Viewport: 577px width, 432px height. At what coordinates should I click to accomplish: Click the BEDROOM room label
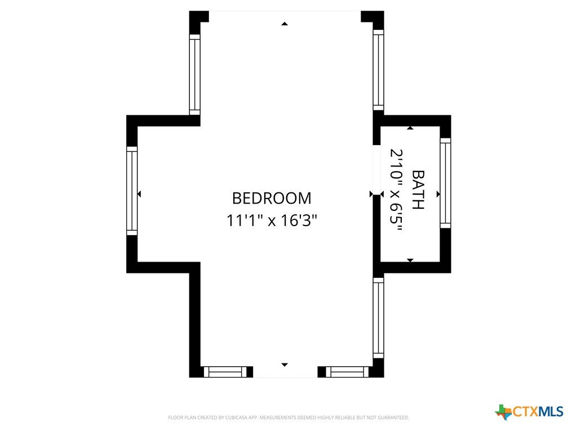pyautogui.click(x=272, y=199)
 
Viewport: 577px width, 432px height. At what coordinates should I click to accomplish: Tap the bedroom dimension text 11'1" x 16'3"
pyautogui.click(x=272, y=220)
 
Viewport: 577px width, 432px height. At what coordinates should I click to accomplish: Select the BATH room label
pyautogui.click(x=418, y=190)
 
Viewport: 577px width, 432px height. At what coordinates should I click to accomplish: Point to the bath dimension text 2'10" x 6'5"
pyautogui.click(x=396, y=190)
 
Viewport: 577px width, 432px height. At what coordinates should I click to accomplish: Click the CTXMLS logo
pyautogui.click(x=529, y=412)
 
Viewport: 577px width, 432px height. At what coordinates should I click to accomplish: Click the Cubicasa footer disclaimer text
pyautogui.click(x=288, y=418)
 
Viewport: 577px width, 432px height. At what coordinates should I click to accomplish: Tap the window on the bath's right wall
pyautogui.click(x=445, y=183)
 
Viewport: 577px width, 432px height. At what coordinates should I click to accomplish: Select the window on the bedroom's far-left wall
pyautogui.click(x=132, y=191)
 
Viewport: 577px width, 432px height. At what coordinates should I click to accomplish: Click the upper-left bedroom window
pyautogui.click(x=194, y=75)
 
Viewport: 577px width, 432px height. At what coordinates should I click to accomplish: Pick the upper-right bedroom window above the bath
pyautogui.click(x=378, y=70)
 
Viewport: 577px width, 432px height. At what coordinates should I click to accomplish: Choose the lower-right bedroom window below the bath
pyautogui.click(x=378, y=318)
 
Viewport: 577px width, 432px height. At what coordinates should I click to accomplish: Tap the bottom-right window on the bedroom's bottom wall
pyautogui.click(x=347, y=372)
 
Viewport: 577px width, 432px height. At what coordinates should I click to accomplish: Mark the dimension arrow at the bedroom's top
pyautogui.click(x=285, y=24)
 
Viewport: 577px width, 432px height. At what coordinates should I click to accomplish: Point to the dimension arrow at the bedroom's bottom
pyautogui.click(x=285, y=364)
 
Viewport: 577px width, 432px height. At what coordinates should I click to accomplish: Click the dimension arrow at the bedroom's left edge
pyautogui.click(x=139, y=194)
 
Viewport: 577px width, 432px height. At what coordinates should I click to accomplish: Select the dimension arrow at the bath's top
pyautogui.click(x=410, y=128)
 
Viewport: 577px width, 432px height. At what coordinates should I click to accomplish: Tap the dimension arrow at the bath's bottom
pyautogui.click(x=410, y=260)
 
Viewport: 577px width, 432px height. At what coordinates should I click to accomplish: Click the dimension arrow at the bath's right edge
pyautogui.click(x=438, y=194)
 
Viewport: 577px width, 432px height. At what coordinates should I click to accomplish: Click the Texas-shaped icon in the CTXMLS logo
pyautogui.click(x=503, y=412)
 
